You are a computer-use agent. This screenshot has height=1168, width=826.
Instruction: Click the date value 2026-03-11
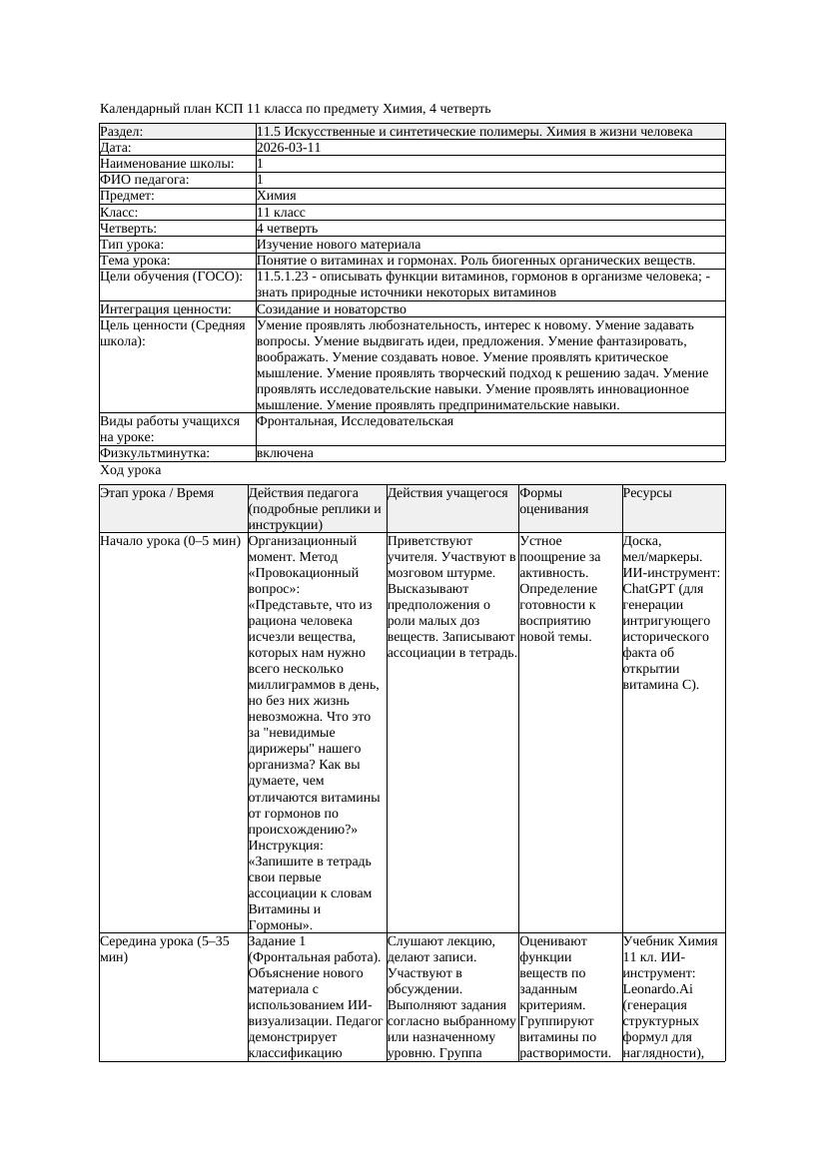(x=289, y=148)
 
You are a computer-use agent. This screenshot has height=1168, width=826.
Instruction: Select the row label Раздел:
(x=122, y=132)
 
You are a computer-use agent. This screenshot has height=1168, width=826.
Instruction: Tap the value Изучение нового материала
(x=339, y=245)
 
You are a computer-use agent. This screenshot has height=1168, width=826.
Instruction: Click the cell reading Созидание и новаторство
(x=332, y=309)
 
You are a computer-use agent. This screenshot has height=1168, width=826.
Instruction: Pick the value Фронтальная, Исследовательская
(x=355, y=421)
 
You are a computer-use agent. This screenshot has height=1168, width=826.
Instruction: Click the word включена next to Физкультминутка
(x=285, y=453)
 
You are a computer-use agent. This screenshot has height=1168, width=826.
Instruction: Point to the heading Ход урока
(x=131, y=470)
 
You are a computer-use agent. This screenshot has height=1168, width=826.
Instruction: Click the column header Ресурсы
(x=647, y=493)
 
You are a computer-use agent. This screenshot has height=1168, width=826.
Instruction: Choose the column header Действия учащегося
(x=447, y=493)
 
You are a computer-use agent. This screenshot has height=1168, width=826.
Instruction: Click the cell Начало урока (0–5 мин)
(x=171, y=541)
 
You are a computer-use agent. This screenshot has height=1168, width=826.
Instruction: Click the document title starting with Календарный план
(x=296, y=108)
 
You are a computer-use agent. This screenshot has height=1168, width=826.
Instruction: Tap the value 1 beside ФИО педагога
(x=261, y=180)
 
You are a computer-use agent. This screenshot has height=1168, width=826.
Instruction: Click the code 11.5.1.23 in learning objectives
(x=290, y=277)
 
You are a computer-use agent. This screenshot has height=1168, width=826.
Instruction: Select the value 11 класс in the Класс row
(x=281, y=213)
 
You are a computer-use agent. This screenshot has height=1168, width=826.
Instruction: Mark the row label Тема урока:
(x=136, y=261)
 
